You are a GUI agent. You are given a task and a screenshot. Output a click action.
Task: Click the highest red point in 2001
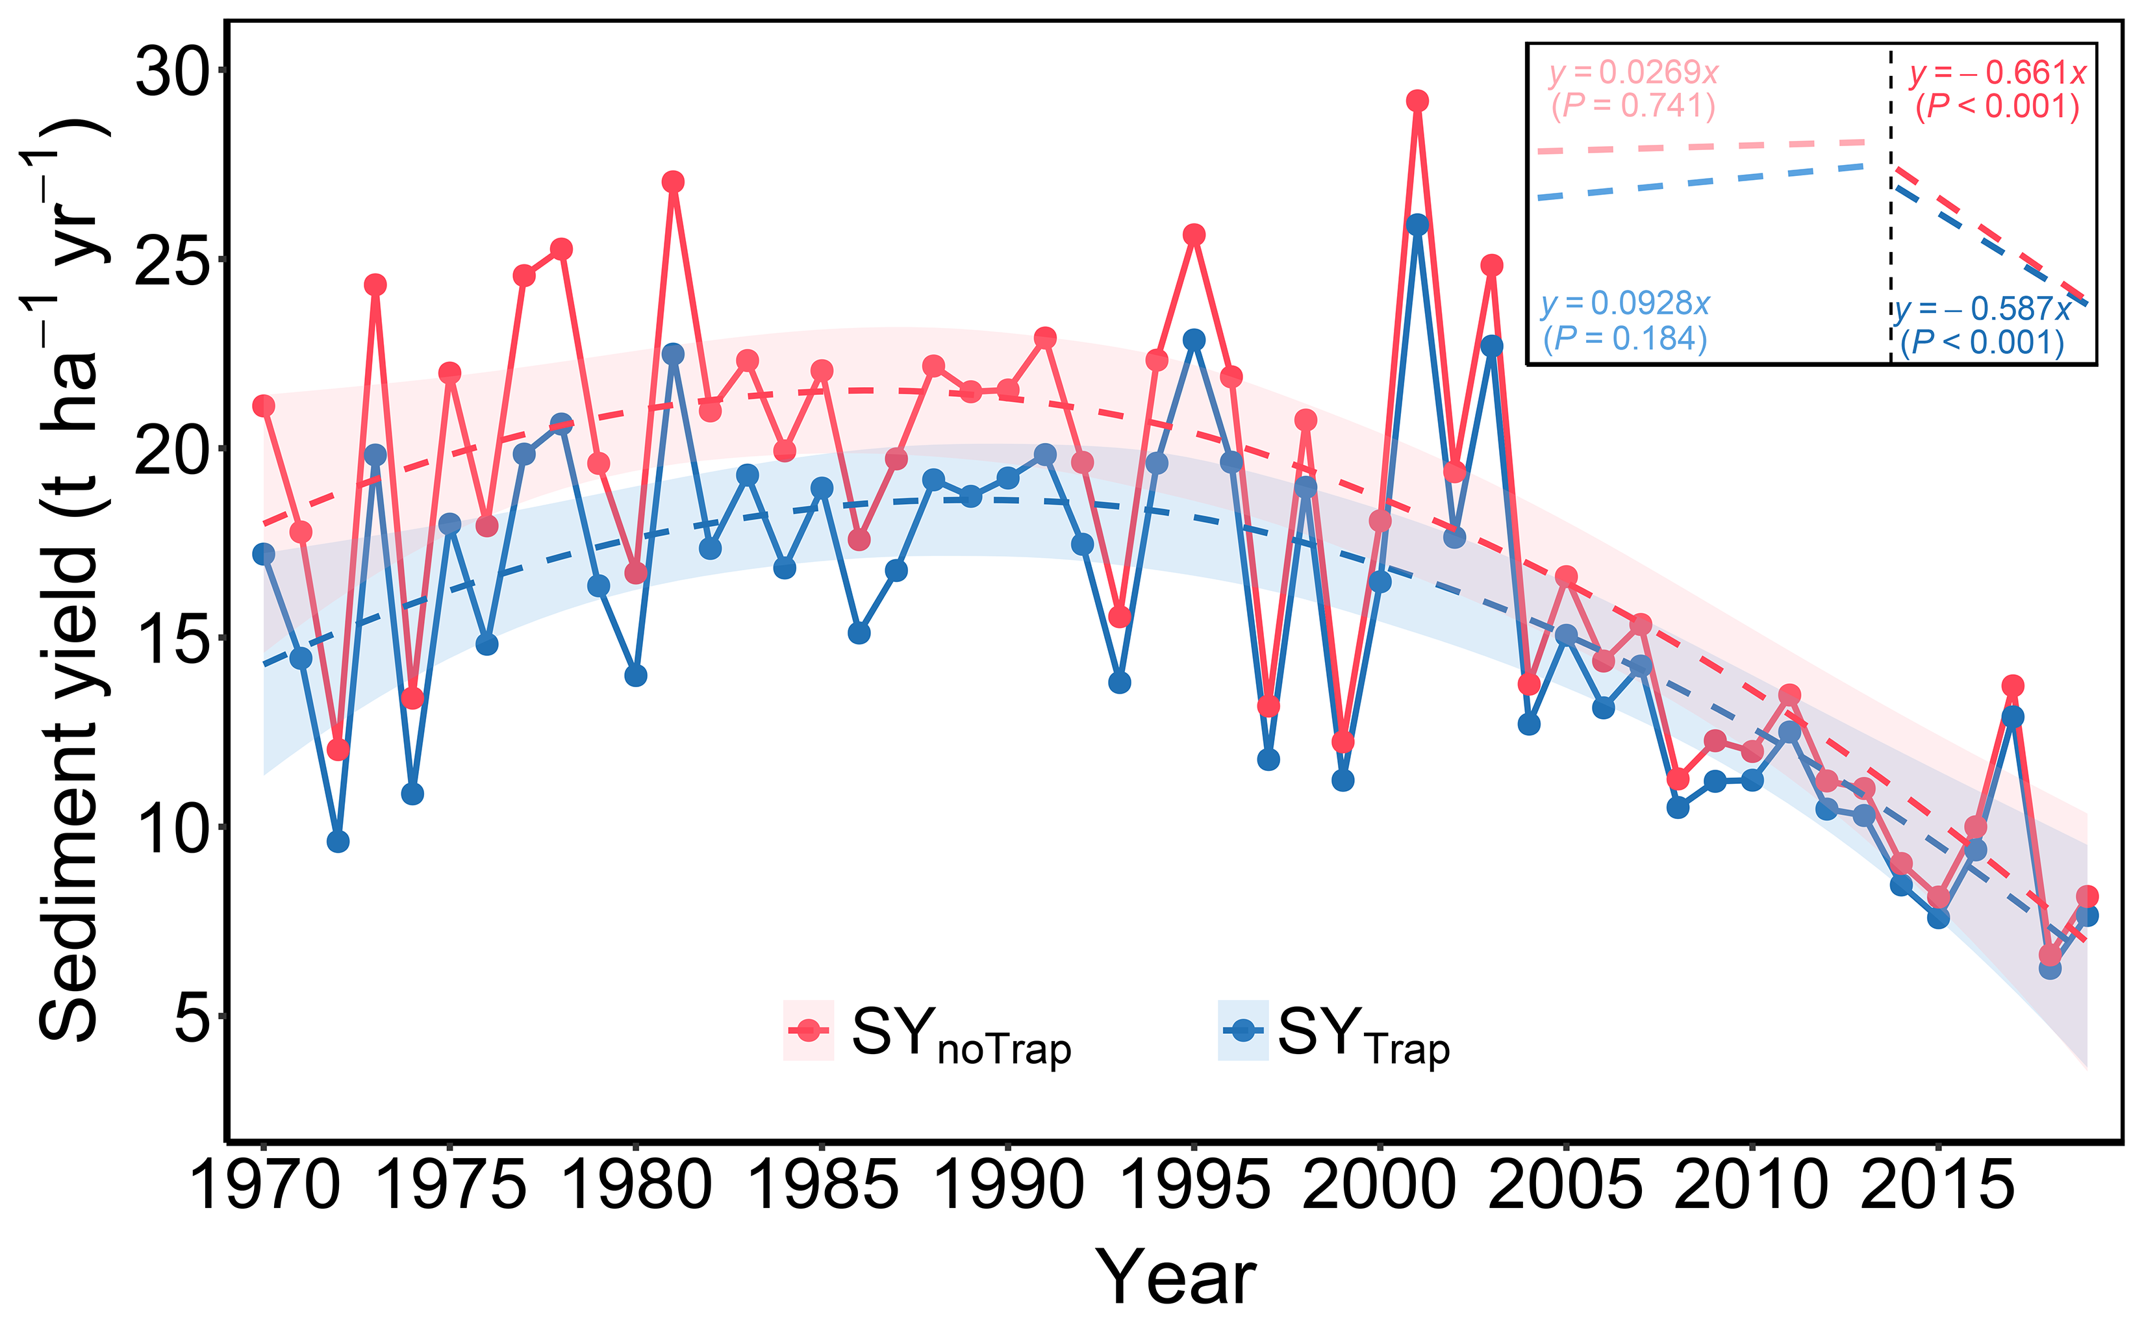point(1417,101)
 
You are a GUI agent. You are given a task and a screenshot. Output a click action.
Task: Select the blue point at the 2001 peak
point(1417,224)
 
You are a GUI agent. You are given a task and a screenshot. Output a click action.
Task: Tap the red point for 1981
point(673,182)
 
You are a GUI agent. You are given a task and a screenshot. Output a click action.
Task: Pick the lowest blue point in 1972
point(338,842)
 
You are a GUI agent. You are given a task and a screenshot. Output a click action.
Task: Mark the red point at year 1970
point(263,406)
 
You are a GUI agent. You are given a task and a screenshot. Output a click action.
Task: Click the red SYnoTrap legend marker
point(809,1030)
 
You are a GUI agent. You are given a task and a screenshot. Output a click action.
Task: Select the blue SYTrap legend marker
point(1242,1030)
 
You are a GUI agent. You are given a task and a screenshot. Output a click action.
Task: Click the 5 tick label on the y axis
point(192,1018)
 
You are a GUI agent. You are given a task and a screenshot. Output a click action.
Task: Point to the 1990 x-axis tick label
point(1008,1185)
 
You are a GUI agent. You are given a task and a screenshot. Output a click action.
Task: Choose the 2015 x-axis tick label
point(1937,1185)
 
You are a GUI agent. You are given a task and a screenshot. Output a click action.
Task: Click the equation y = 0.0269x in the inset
point(1633,71)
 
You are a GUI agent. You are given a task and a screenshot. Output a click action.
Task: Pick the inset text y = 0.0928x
point(1625,303)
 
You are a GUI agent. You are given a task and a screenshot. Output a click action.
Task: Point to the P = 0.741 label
point(1633,105)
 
